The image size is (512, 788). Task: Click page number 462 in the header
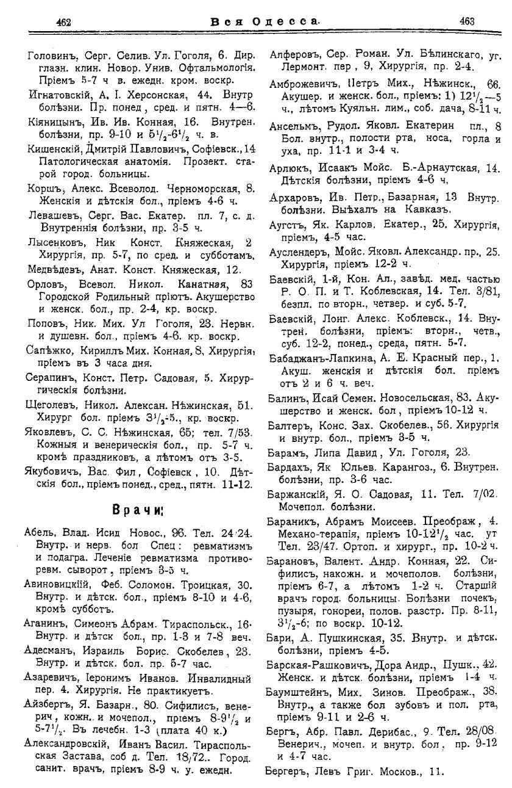(64, 22)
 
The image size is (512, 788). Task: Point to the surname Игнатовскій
(60, 95)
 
